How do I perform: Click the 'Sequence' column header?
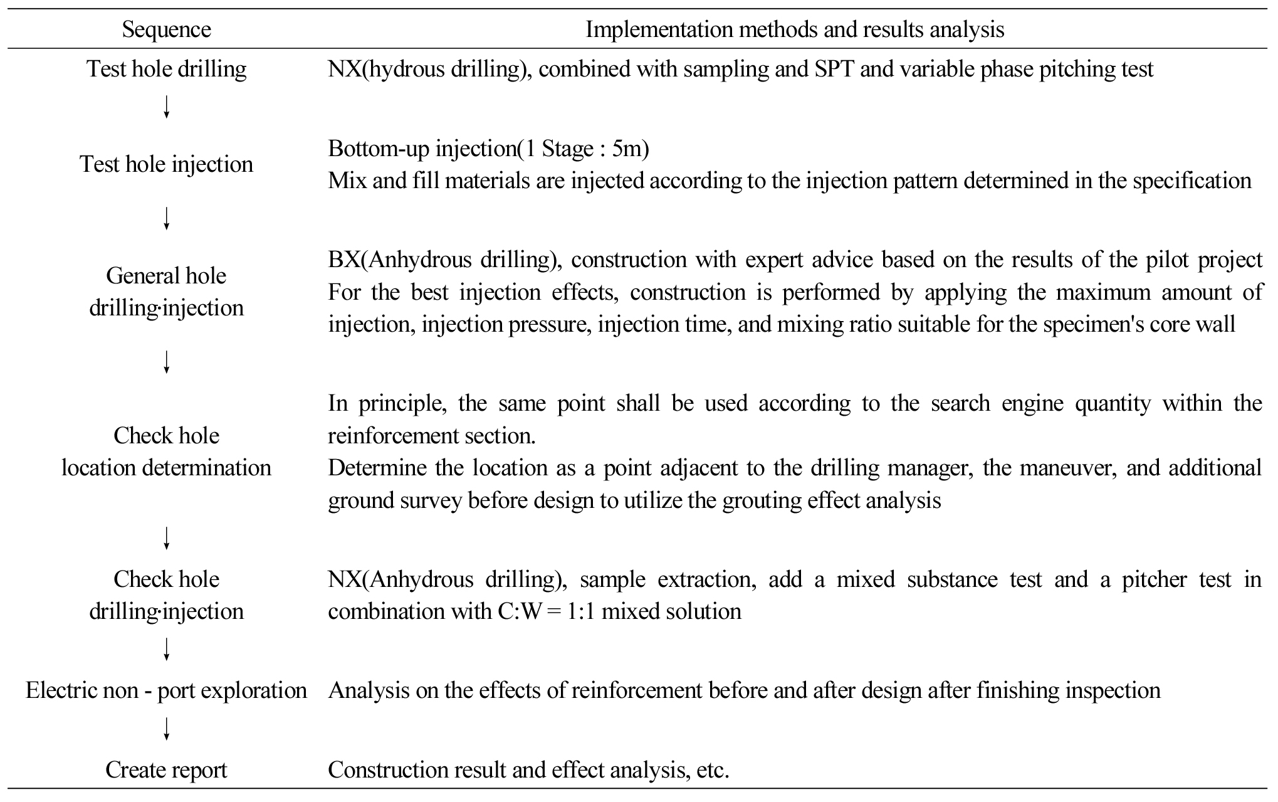[166, 29]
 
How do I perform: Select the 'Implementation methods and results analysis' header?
[794, 29]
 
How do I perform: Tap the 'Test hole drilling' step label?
[166, 68]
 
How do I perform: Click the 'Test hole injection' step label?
[166, 164]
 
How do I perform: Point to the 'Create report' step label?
[166, 770]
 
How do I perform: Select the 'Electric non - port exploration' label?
[166, 690]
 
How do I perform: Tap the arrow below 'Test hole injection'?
[166, 219]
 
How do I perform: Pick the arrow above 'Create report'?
[166, 729]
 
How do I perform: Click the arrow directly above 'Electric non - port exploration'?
[166, 649]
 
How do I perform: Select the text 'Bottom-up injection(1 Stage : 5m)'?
[488, 149]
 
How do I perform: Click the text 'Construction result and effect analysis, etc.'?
[528, 770]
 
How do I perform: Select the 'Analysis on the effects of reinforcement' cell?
[744, 690]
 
